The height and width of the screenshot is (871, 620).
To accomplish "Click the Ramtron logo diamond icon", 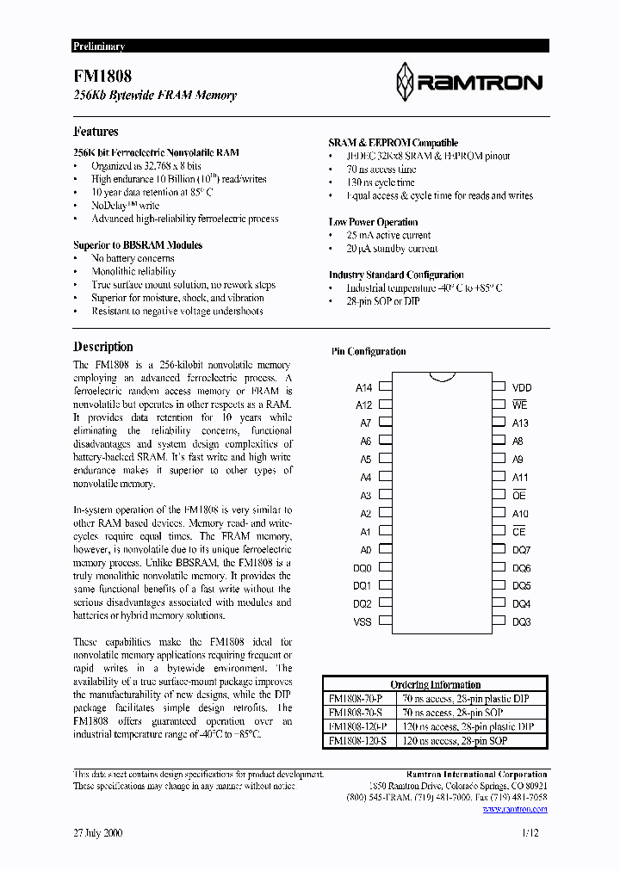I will coord(405,83).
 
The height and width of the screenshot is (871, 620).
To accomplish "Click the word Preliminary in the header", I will coord(98,46).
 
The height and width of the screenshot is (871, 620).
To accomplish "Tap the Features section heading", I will coord(96,132).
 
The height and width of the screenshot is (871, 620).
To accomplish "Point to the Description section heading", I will coord(103,347).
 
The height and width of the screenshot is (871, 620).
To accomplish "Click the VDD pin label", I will coord(522,387).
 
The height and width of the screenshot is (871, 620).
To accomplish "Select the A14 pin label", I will coord(363,387).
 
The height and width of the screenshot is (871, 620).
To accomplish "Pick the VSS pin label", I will coord(363,621).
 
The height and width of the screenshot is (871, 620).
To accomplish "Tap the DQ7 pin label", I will coord(521,549).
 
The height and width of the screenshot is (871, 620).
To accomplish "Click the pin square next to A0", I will coord(386,549).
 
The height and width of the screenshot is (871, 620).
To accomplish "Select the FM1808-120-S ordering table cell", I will coord(360,740).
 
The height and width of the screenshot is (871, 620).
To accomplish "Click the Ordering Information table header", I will coord(435,684).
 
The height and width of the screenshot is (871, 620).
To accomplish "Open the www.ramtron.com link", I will coord(519,809).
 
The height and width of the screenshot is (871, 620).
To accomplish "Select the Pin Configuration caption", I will coord(369,351).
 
